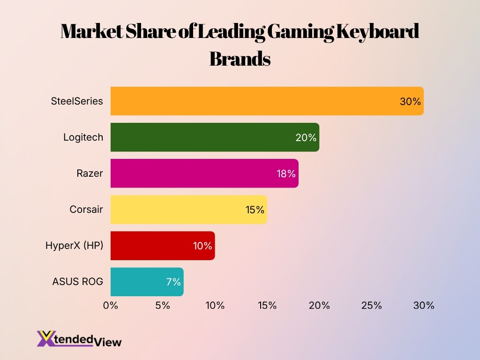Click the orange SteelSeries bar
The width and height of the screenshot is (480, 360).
coord(253,101)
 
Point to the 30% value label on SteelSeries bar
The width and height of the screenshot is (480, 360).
coord(410,101)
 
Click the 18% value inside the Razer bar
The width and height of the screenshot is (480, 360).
coord(286,174)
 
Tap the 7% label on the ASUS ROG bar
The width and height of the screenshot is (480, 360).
coord(173,282)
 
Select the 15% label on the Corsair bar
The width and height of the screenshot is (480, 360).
coord(255,210)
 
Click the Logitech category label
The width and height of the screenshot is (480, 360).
coord(83,137)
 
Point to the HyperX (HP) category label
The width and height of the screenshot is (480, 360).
coord(74,246)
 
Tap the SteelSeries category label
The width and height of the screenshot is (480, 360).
coord(77,101)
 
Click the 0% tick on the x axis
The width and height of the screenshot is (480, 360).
coord(111,306)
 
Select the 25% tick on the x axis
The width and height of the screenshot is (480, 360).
coord(372,306)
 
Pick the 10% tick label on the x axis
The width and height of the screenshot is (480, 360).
coord(215,306)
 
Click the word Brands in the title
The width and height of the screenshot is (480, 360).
coord(240,60)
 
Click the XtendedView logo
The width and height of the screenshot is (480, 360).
coord(79,338)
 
